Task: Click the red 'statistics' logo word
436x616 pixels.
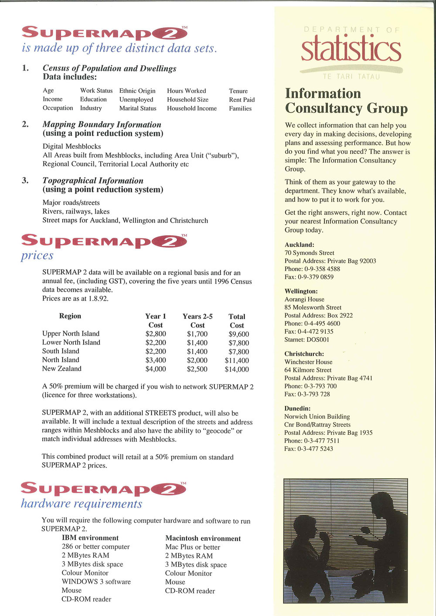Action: [351, 50]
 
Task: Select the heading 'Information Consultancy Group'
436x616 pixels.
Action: [346, 101]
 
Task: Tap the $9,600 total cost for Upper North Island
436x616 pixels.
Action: [238, 334]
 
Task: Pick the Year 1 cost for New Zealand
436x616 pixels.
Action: [156, 369]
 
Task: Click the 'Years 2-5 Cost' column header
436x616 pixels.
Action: [198, 321]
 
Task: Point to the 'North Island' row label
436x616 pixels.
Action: [61, 360]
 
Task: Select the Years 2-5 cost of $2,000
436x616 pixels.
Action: [197, 360]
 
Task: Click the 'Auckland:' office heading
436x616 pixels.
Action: [300, 245]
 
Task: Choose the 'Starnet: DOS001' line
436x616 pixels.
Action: [307, 339]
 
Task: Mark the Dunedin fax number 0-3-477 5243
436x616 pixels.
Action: [309, 449]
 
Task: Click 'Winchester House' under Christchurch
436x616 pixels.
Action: [308, 362]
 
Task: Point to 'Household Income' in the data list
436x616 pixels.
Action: [192, 108]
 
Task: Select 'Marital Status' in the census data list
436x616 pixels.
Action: [138, 108]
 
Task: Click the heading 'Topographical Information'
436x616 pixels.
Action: [93, 180]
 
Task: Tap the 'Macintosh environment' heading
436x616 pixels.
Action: [203, 538]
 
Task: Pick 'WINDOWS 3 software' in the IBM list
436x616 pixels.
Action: [96, 582]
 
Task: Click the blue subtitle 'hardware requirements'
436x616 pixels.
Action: [82, 504]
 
